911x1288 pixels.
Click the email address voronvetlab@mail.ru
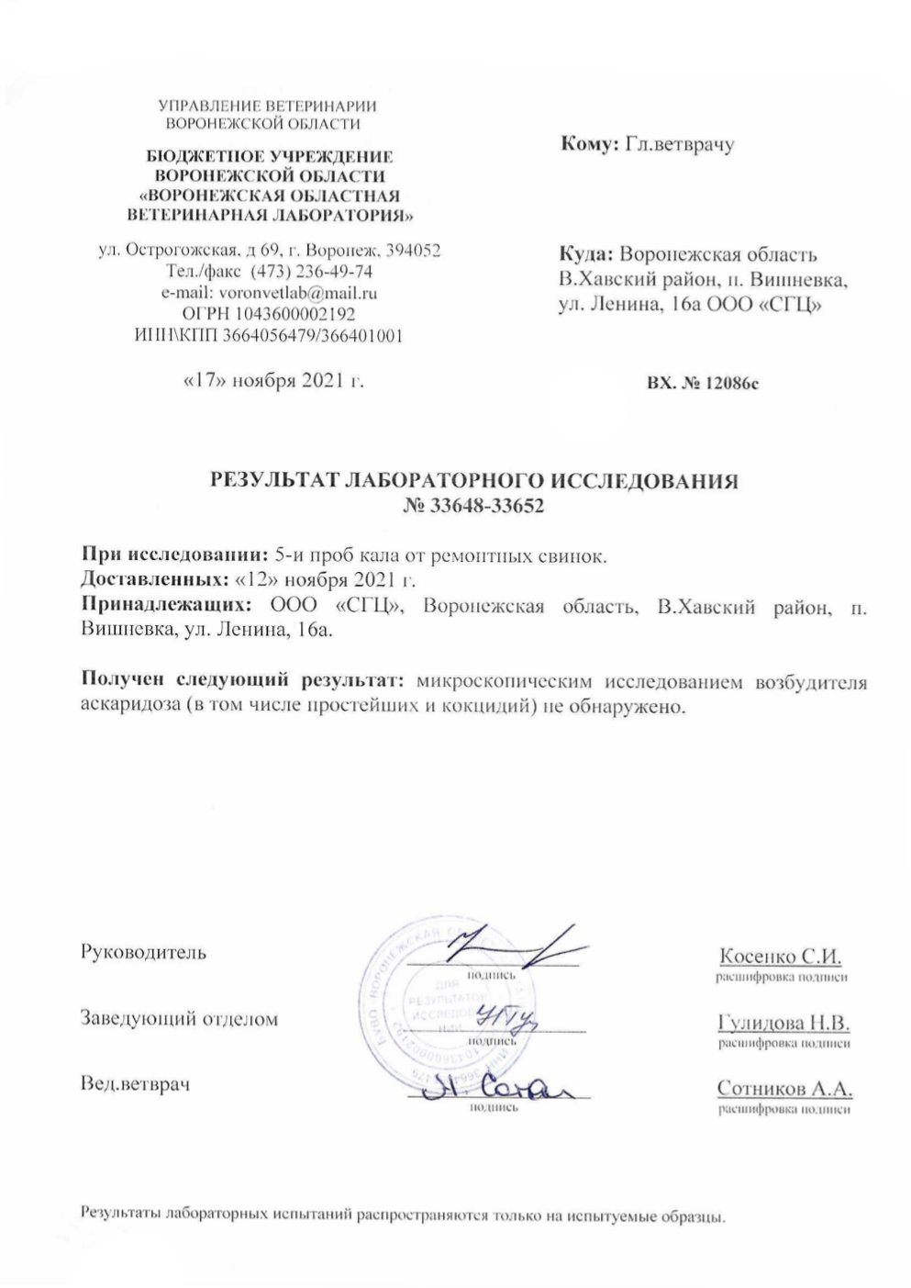pos(293,294)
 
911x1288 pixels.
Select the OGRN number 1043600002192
pos(296,314)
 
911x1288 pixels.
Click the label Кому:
pos(587,142)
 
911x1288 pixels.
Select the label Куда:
pos(586,255)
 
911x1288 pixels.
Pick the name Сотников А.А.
pos(784,1089)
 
